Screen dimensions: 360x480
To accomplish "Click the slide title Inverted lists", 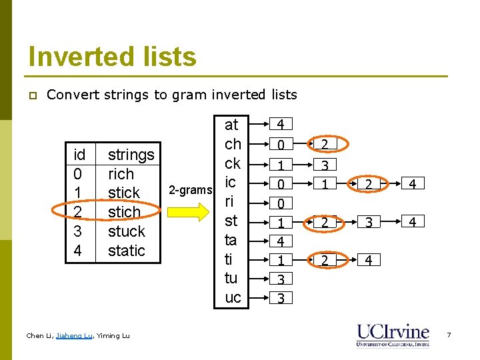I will click(112, 57).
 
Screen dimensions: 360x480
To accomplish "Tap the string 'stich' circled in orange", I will click(124, 212).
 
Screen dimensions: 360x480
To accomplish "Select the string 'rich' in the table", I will click(121, 174).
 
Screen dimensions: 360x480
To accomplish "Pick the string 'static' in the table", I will click(126, 251).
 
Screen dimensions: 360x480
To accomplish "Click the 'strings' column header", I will click(131, 155).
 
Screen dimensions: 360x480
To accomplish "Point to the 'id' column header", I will click(79, 155).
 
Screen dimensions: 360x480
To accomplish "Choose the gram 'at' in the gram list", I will click(231, 125).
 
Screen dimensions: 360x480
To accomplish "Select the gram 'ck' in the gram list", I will click(233, 163).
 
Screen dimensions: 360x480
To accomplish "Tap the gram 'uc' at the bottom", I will click(233, 297).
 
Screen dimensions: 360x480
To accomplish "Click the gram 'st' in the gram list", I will click(231, 221).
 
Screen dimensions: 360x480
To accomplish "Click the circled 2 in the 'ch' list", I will click(324, 144).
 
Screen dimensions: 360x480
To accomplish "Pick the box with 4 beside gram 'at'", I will click(281, 125).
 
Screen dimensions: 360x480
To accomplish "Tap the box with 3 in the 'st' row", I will click(369, 222).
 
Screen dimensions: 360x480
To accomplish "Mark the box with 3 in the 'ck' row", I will click(324, 164).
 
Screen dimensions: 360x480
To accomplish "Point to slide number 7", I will click(449, 335).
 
